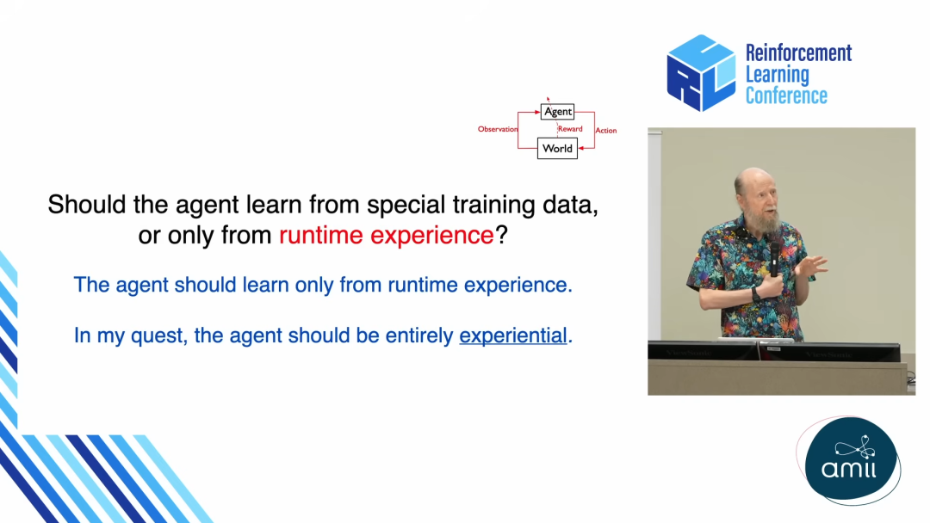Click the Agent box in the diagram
[557, 111]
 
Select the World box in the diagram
[557, 148]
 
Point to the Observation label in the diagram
[498, 129]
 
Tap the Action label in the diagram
[605, 130]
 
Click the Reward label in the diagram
[570, 128]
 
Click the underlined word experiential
[513, 335]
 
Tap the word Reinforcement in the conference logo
[798, 52]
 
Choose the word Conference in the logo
[786, 95]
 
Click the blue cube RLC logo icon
[701, 73]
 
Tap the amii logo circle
[851, 460]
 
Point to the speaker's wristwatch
[756, 294]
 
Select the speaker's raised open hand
[810, 265]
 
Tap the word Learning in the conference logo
[777, 75]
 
